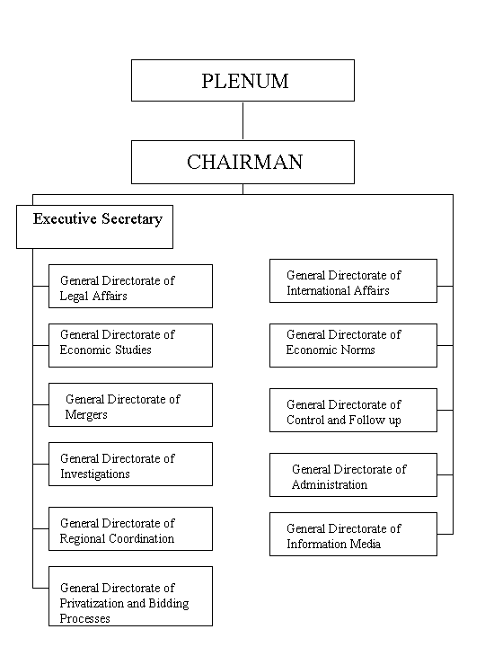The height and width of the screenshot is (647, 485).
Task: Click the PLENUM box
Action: [x=242, y=81]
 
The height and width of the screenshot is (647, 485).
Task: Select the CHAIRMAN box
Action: [x=242, y=162]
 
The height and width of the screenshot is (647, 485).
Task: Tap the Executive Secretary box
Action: [x=94, y=226]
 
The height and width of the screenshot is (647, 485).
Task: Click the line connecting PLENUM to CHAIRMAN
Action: [x=242, y=121]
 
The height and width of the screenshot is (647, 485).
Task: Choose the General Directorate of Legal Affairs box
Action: [x=130, y=287]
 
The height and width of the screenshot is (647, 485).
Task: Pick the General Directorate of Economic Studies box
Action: [x=130, y=345]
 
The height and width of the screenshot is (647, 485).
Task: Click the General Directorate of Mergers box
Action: [x=130, y=404]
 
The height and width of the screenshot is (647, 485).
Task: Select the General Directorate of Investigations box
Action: [x=130, y=465]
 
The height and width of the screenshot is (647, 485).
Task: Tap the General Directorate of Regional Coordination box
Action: [x=130, y=528]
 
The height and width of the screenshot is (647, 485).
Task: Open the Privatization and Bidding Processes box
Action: [x=130, y=597]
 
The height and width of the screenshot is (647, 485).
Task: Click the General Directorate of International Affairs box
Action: [x=353, y=281]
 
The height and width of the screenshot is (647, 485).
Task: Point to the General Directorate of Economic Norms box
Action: [x=353, y=345]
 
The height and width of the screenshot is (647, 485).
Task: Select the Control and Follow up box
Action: [x=353, y=410]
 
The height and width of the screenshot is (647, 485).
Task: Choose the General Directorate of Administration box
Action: [x=353, y=475]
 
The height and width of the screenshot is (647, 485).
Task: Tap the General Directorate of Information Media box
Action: [x=353, y=535]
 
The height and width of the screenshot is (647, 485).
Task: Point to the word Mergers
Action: [x=86, y=415]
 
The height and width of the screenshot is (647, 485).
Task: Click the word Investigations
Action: [x=95, y=474]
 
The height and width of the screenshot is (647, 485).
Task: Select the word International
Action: [x=320, y=290]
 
